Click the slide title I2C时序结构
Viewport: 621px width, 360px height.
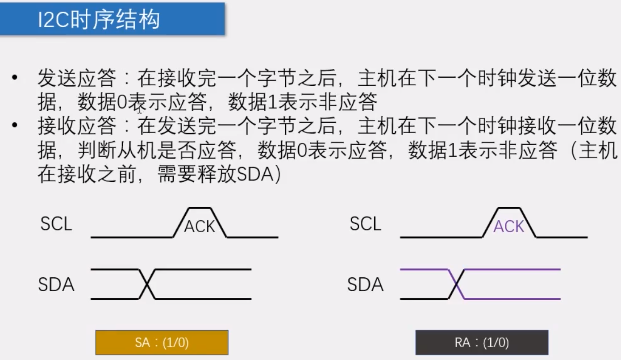99,20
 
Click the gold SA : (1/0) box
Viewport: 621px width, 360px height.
162,343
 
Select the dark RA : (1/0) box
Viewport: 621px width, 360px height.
482,343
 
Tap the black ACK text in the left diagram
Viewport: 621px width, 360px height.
200,227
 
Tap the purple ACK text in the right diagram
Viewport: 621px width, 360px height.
508,227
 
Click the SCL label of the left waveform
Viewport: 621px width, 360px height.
56,224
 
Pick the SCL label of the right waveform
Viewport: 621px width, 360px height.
365,224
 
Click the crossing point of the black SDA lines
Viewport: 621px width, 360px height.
147,284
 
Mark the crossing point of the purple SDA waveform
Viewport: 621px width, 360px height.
456,284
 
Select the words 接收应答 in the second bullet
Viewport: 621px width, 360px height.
77,127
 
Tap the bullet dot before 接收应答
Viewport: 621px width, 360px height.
16,127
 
